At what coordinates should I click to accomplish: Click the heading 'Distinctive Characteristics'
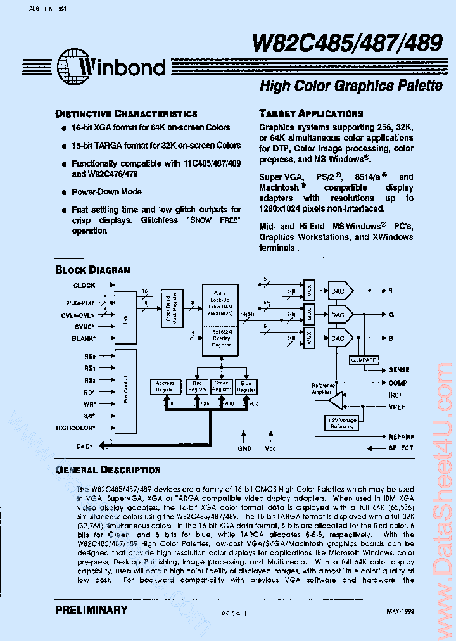126,114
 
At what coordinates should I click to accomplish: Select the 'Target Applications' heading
311,113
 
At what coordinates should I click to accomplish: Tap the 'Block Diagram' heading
93,270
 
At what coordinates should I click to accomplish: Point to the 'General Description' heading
108,470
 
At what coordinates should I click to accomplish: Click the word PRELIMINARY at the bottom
91,610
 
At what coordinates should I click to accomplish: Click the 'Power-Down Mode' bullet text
106,192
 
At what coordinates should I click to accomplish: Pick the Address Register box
165,386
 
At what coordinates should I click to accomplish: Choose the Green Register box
221,386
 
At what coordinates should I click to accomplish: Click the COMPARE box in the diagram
364,360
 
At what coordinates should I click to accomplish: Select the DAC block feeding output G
338,315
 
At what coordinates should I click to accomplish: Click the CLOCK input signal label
84,286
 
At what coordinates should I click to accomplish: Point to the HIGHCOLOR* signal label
75,428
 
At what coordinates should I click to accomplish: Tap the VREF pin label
398,407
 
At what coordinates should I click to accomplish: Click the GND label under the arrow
244,448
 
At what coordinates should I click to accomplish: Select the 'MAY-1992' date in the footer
400,611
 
